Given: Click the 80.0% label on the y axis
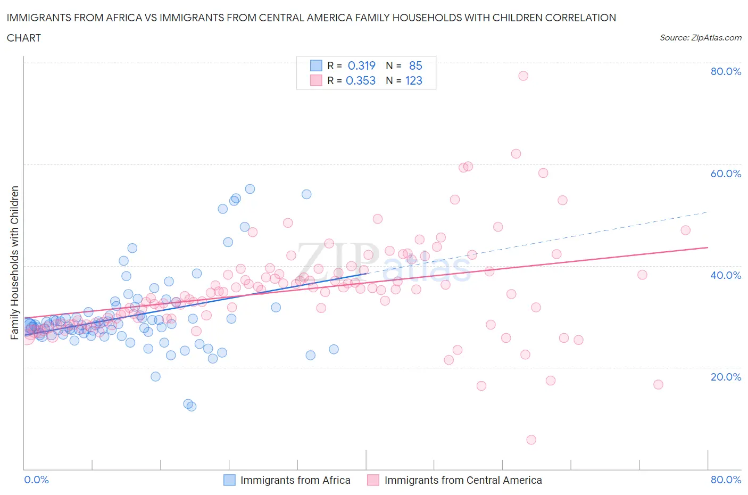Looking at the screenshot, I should tap(726, 71).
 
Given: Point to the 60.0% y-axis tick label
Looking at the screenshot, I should tap(726, 174).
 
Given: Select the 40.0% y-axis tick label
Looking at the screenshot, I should tap(726, 275).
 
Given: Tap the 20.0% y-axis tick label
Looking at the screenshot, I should tap(726, 377).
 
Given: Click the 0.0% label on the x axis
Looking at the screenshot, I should tap(36, 480).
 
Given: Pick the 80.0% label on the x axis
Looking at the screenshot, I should tap(726, 480).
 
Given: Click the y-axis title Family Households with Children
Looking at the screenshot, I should tap(15, 262).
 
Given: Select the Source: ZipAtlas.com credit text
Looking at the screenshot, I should tap(700, 38).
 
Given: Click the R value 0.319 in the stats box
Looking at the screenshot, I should tap(361, 65).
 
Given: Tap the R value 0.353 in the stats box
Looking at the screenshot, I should tap(361, 80).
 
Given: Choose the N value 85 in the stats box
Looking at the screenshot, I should tap(415, 65).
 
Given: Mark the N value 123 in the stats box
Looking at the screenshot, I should tap(413, 80).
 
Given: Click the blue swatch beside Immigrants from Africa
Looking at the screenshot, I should tap(229, 480).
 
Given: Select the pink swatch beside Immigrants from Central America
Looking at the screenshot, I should tap(373, 480).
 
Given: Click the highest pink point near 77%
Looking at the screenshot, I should tap(523, 76).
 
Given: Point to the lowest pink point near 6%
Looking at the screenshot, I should tap(531, 440).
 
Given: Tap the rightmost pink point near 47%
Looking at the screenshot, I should tap(685, 230).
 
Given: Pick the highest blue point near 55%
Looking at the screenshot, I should tap(250, 189).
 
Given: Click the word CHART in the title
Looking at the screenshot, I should tap(24, 38).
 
